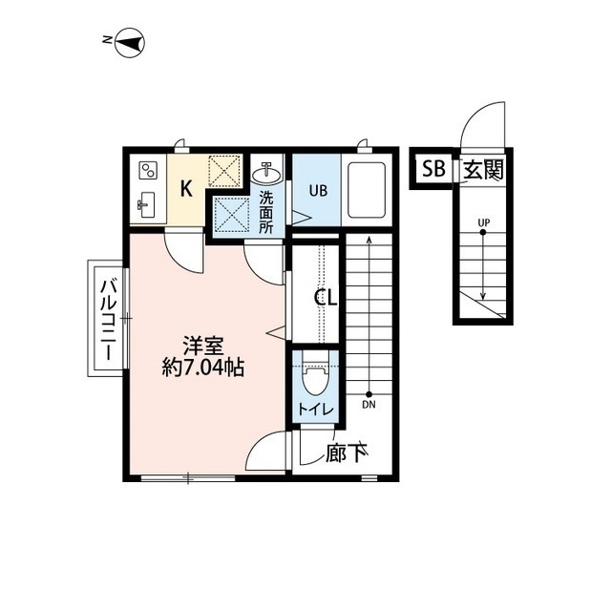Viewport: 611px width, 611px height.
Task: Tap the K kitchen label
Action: [187, 188]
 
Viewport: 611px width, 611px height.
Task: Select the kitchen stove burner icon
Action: [148, 172]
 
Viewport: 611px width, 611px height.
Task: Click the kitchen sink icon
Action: [147, 202]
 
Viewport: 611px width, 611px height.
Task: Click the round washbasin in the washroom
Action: [266, 175]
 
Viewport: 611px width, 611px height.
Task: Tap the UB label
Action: [317, 189]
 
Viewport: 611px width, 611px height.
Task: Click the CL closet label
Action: [327, 298]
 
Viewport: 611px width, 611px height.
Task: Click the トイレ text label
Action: [314, 410]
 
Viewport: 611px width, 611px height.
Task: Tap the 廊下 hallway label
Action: [348, 453]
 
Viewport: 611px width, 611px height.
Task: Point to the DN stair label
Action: [369, 405]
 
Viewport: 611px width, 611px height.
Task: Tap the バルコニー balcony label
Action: [108, 318]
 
